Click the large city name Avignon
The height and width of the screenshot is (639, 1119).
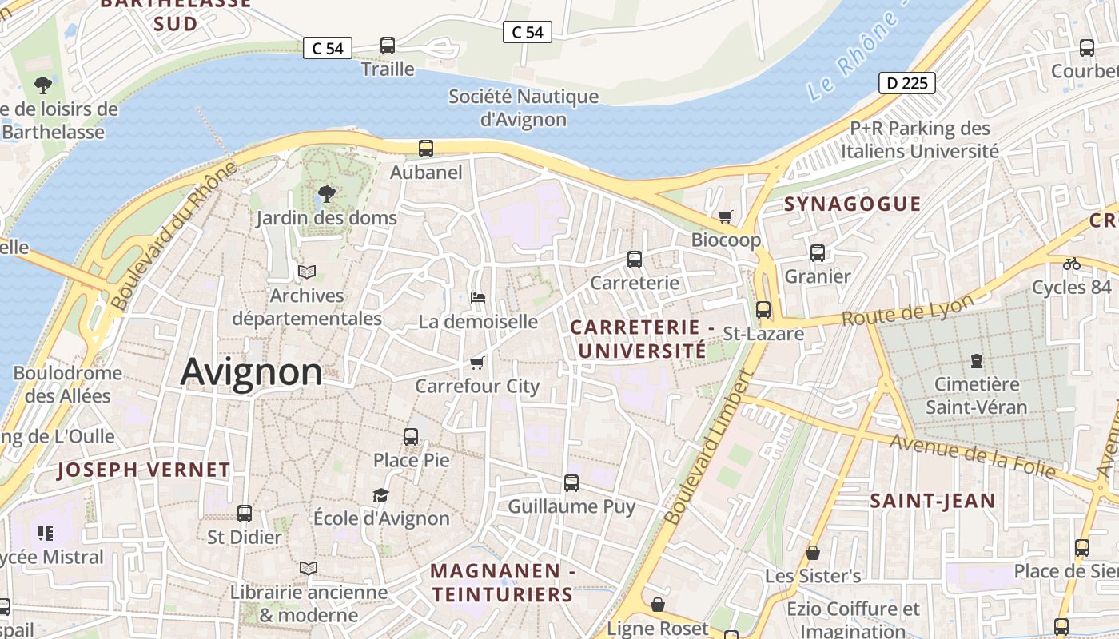[252, 372]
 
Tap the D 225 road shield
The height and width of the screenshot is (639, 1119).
[906, 82]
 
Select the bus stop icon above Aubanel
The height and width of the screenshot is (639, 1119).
[426, 148]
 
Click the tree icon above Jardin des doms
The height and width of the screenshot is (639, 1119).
[326, 192]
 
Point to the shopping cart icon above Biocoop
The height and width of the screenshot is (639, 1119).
[726, 216]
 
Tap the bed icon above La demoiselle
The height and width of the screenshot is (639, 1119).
[478, 298]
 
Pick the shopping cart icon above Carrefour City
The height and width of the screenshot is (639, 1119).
[477, 363]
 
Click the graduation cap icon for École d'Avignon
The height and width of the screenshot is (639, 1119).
[380, 495]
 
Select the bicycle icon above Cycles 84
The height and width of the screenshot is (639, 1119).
[1071, 264]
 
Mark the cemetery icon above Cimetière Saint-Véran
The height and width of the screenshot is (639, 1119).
[976, 361]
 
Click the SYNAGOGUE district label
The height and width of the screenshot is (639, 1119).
[852, 204]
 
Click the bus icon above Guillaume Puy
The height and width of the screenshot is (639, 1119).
[571, 482]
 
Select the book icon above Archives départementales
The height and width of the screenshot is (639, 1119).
[307, 272]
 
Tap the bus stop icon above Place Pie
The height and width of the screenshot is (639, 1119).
[411, 436]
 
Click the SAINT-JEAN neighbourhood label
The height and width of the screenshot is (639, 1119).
[932, 501]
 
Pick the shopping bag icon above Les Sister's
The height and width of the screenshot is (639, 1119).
[813, 553]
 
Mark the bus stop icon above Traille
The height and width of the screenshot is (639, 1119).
[388, 46]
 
